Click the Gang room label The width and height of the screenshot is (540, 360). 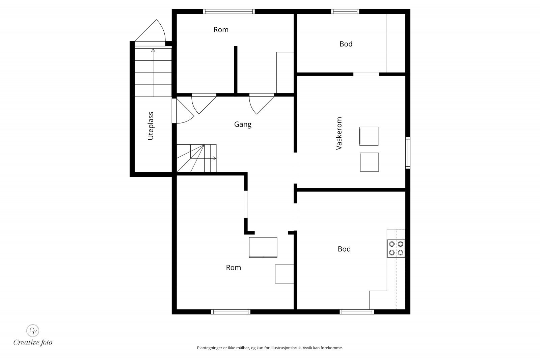point(243,124)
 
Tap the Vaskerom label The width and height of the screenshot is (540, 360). point(339,134)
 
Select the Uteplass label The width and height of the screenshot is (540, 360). point(151,126)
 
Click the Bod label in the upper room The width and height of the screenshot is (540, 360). point(346,44)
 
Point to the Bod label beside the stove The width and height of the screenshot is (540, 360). point(344,249)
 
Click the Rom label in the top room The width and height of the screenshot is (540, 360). point(221,30)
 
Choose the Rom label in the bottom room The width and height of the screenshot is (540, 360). point(233,268)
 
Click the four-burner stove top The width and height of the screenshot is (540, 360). point(396,248)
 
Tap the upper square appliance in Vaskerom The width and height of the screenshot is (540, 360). point(369,136)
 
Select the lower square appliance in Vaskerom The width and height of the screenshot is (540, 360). point(369,162)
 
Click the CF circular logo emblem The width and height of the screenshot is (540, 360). point(33,331)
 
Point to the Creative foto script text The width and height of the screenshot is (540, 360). point(33,343)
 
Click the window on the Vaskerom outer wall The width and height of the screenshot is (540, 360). point(408,153)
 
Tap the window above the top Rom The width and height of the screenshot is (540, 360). point(229,11)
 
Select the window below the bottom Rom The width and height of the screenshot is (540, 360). point(231,312)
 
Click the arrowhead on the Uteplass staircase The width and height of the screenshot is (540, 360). point(153,50)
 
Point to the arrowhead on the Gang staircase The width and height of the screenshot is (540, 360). point(214,158)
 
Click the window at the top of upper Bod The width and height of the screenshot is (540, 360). point(345,11)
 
